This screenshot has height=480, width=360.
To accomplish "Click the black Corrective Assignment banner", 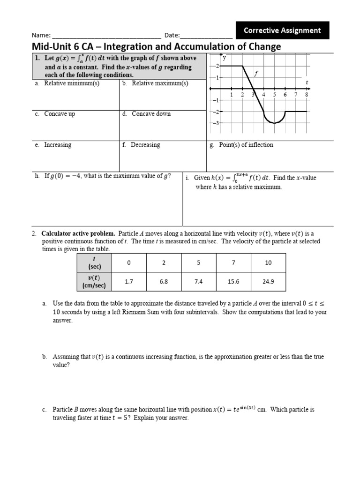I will [282, 30].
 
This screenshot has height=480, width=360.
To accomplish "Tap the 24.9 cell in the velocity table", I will [268, 282].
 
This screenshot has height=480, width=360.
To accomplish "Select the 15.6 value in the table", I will [233, 282].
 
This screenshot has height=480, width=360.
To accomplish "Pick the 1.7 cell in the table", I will [129, 282].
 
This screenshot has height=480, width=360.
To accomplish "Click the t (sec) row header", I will [94, 262].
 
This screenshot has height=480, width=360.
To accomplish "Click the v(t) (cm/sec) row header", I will [94, 281].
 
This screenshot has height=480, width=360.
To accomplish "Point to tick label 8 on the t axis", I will [307, 94].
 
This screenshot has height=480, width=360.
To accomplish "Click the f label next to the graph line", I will [256, 74].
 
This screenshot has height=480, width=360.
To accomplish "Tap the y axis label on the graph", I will [225, 58].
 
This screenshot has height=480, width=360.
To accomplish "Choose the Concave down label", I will [151, 114].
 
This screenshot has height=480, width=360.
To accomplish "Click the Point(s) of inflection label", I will [246, 145].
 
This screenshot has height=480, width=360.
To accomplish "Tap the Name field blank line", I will [107, 36].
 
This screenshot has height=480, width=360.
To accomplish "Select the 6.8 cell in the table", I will [164, 282].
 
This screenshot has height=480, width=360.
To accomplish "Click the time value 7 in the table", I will [233, 262].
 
